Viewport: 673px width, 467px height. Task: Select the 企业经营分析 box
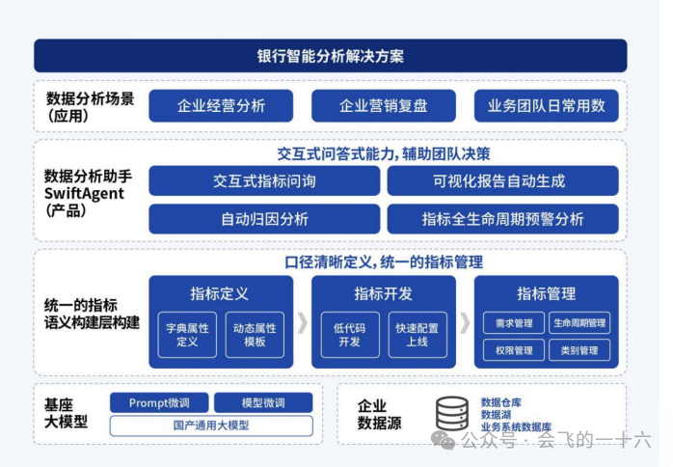tap(221, 106)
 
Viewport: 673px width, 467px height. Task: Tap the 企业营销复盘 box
tap(383, 106)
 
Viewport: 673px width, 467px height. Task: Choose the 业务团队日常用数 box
tap(546, 106)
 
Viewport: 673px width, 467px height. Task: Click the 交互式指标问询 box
tap(264, 181)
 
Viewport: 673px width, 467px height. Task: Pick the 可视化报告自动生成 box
tap(502, 181)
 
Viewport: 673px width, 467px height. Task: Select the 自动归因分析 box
tap(264, 219)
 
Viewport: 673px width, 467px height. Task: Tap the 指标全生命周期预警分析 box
tap(502, 219)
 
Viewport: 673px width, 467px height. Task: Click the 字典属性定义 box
tap(187, 334)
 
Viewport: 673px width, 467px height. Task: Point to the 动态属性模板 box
tap(255, 334)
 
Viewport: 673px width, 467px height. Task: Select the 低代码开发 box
tap(349, 334)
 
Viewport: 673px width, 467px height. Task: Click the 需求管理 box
tap(512, 323)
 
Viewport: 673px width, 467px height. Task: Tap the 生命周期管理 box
tap(579, 323)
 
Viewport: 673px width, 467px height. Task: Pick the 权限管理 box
tap(512, 350)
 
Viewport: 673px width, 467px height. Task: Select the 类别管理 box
tap(579, 350)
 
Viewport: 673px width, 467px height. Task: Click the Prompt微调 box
tap(158, 403)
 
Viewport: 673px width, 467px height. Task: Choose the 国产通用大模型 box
tap(211, 426)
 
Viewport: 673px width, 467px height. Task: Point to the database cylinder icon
tap(452, 413)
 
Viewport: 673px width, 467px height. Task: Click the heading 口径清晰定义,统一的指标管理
tap(383, 262)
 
